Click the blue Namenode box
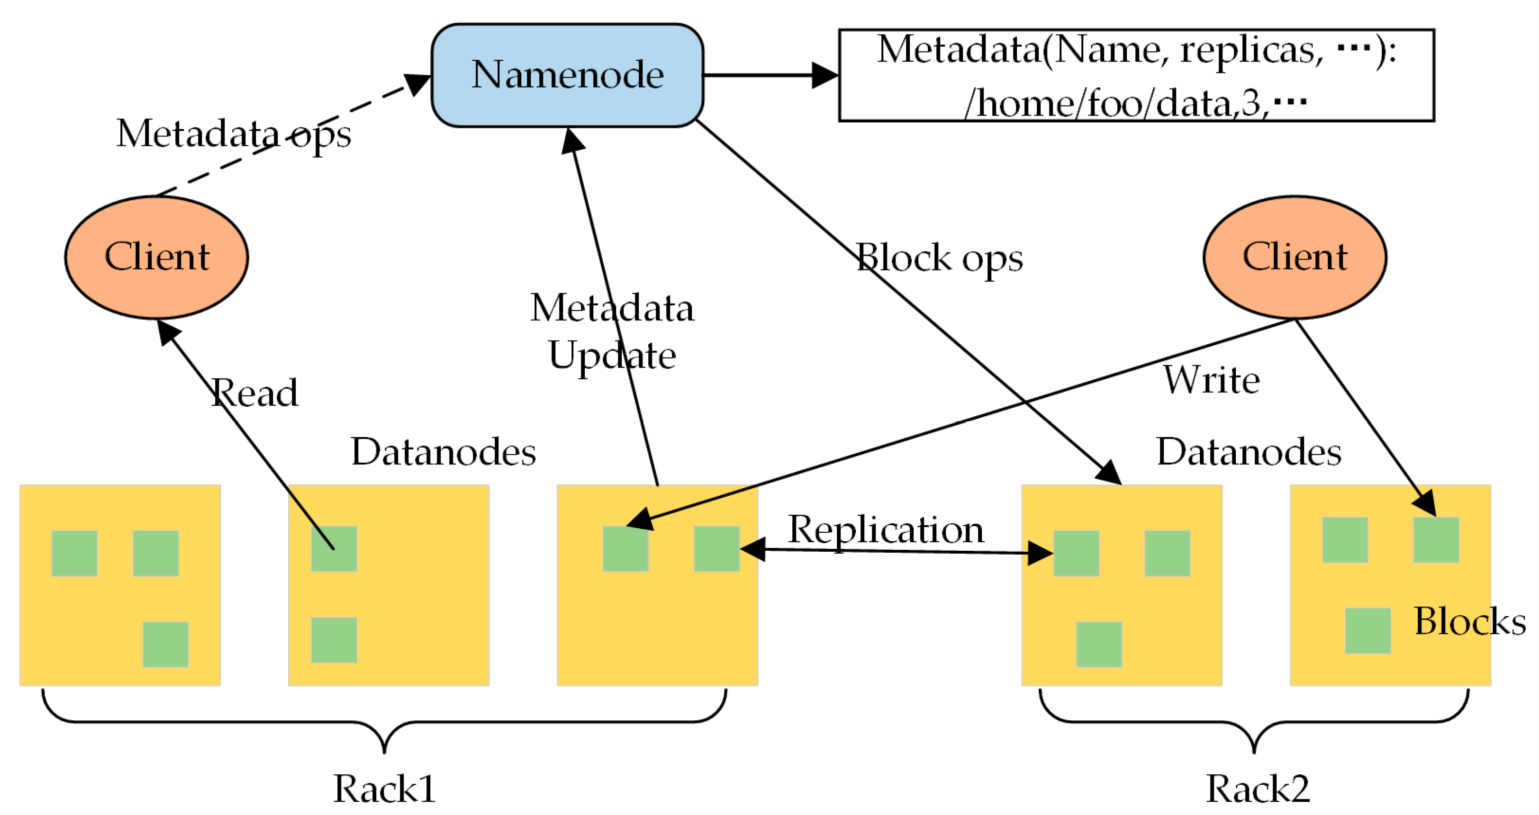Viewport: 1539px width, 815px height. pyautogui.click(x=567, y=75)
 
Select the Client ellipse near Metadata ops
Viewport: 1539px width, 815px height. pyautogui.click(x=156, y=257)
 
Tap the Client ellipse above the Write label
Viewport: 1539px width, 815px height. pyautogui.click(x=1295, y=257)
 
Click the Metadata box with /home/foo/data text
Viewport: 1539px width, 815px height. pyautogui.click(x=1136, y=75)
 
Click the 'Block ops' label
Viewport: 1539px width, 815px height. pyautogui.click(x=939, y=259)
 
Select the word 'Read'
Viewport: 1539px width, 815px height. pyautogui.click(x=254, y=393)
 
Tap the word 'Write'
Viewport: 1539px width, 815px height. pyautogui.click(x=1212, y=380)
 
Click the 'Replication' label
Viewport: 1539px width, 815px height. pyautogui.click(x=886, y=529)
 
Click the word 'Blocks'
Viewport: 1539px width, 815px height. pyautogui.click(x=1470, y=621)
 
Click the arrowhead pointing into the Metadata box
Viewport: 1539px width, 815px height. pyautogui.click(x=826, y=75)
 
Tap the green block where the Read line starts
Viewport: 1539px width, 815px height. pyautogui.click(x=334, y=549)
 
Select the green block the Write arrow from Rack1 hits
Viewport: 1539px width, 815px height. pyautogui.click(x=625, y=549)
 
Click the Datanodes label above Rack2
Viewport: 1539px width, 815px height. pyautogui.click(x=1249, y=452)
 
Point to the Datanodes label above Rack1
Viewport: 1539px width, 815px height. pyautogui.click(x=444, y=452)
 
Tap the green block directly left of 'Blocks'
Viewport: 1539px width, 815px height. pyautogui.click(x=1367, y=630)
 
